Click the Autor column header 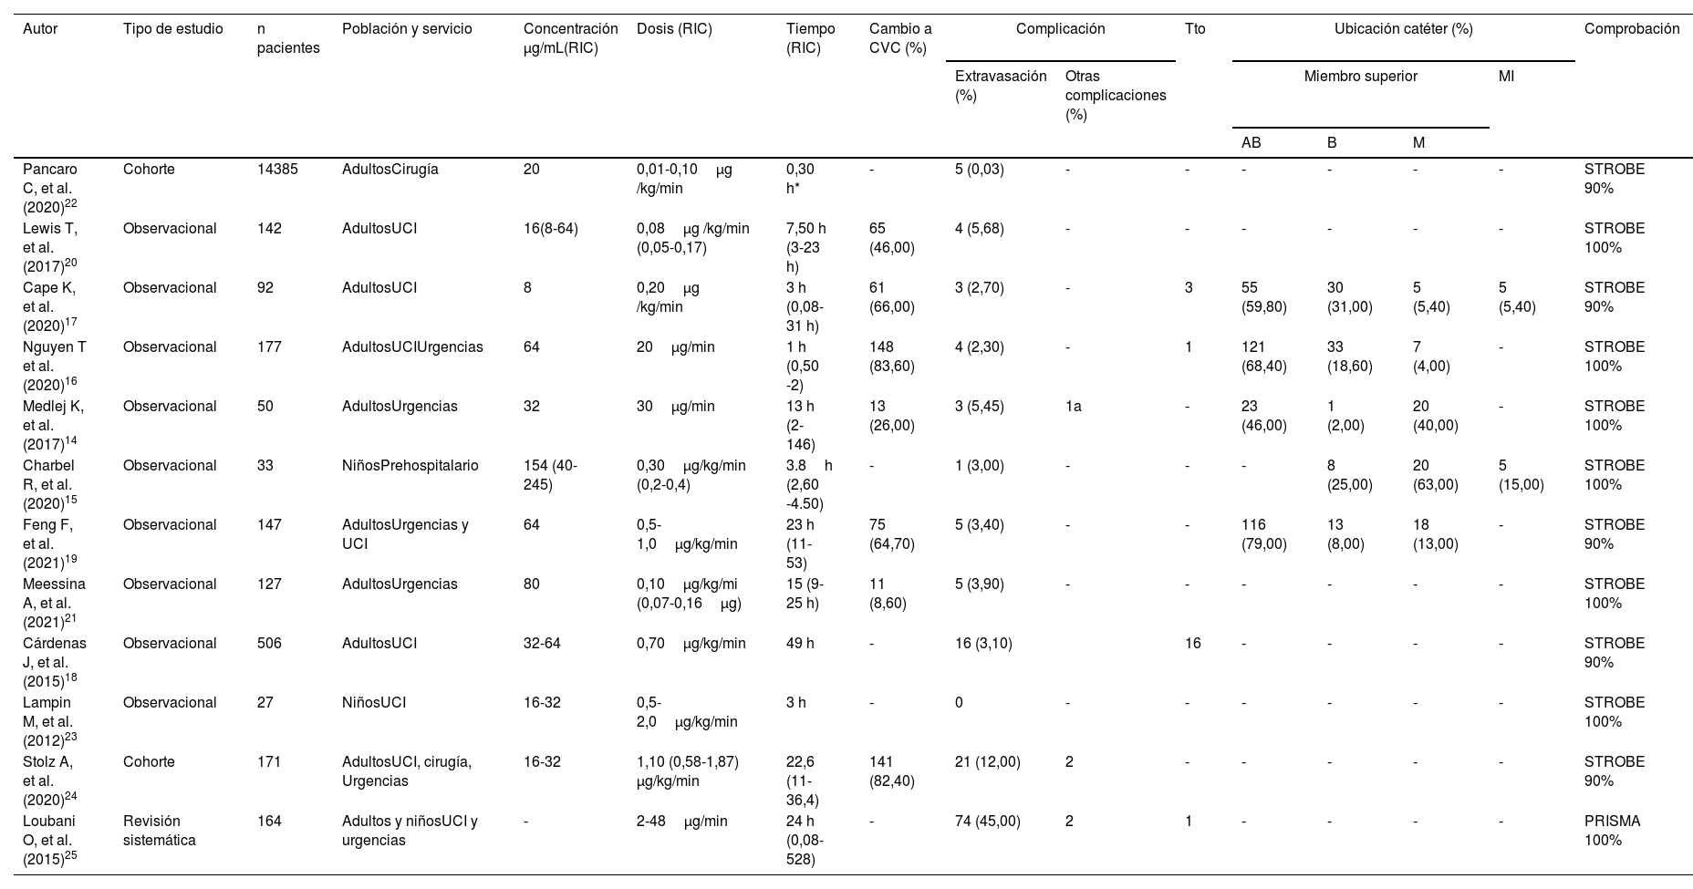(x=40, y=29)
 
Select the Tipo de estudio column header (x=172, y=29)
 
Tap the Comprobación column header (x=1631, y=29)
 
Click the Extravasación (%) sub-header (x=1000, y=86)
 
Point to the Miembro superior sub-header (x=1360, y=77)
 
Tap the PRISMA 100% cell (x=1612, y=831)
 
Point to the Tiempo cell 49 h (x=799, y=644)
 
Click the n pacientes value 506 (x=270, y=644)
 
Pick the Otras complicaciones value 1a (x=1073, y=407)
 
